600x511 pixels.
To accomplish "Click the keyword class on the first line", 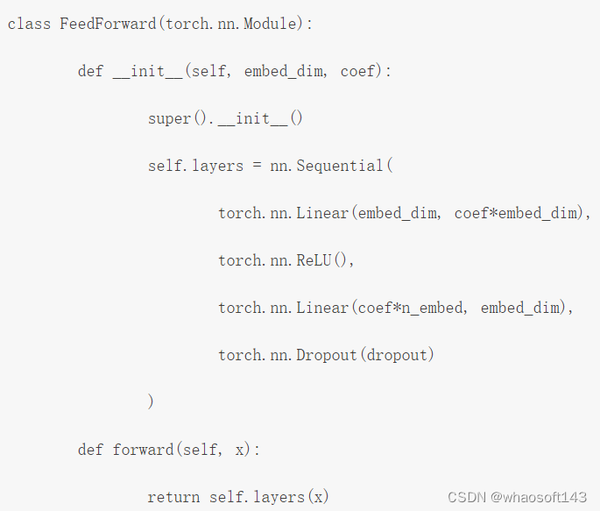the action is (x=29, y=24).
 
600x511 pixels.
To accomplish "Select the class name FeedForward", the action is (x=108, y=24).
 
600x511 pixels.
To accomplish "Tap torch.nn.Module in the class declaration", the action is (x=232, y=24).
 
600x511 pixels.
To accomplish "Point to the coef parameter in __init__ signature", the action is (x=357, y=71).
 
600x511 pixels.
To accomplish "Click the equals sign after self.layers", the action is (x=257, y=166).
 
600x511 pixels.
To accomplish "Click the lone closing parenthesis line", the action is (x=152, y=402).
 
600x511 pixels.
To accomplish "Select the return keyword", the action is (x=173, y=497).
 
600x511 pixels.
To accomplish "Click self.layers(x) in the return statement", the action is (x=269, y=497).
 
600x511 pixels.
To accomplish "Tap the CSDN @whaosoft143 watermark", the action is (x=517, y=497).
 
